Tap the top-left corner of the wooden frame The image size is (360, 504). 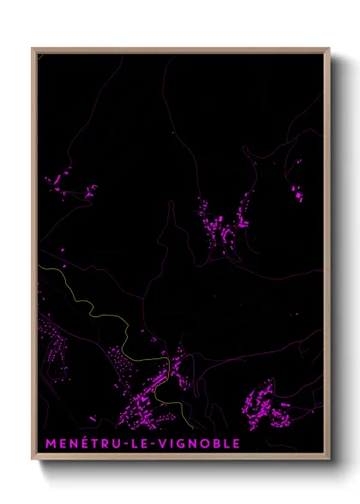[33, 49]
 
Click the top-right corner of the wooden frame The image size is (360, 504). [329, 49]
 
